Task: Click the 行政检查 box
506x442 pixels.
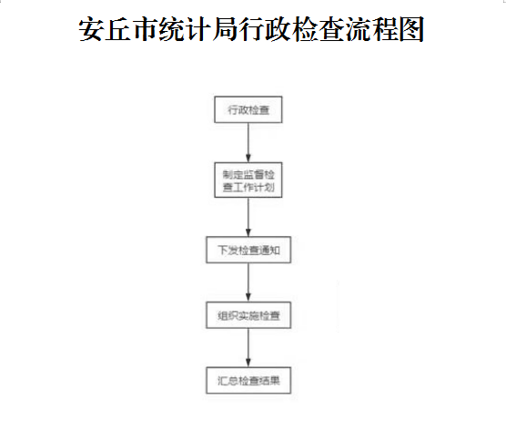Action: pos(248,109)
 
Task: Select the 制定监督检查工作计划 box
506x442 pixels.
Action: pos(248,180)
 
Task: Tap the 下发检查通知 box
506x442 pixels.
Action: pos(248,250)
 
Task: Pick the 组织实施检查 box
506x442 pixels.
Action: pos(248,315)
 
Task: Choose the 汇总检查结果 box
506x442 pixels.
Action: pos(248,380)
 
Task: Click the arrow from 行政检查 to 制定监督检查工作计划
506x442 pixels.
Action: pos(248,142)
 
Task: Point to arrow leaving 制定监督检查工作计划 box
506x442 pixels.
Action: pos(248,217)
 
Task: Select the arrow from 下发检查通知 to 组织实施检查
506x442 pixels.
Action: pos(248,283)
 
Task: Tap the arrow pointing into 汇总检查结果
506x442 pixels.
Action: pos(248,348)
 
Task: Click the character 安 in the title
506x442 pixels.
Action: pos(91,29)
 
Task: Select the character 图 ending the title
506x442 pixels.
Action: pos(411,29)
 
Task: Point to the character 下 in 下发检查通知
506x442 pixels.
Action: pos(223,250)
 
